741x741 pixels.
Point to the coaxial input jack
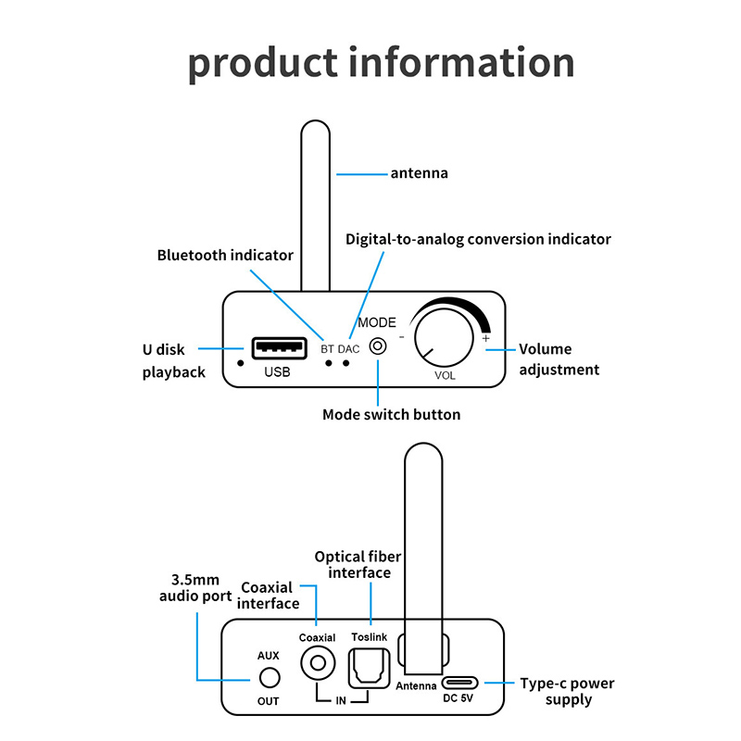tap(318, 663)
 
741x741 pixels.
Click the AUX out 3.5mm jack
tap(269, 678)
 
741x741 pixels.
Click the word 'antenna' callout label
tap(420, 173)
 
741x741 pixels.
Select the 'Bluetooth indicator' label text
tap(225, 255)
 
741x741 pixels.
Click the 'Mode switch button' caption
tap(391, 414)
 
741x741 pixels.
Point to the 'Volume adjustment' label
tap(559, 359)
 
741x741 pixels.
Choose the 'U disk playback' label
tap(175, 360)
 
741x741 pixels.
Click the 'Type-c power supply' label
tap(568, 692)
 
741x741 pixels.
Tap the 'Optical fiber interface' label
tap(353, 564)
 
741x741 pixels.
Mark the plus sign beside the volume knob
tap(486, 339)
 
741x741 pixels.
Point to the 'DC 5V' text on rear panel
tap(459, 700)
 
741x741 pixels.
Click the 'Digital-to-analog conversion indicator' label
tap(478, 239)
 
